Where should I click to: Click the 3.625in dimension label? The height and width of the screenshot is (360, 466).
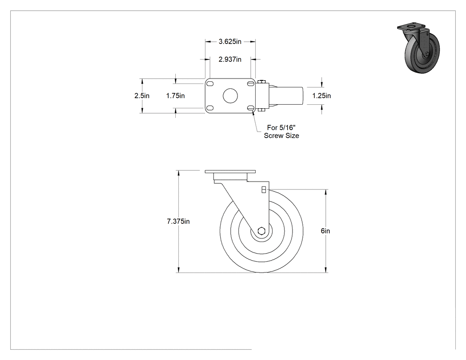(230, 42)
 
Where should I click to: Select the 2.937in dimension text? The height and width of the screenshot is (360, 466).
(230, 59)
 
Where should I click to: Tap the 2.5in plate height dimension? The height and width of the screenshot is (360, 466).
(142, 96)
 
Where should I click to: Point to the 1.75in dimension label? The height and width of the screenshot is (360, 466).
(175, 96)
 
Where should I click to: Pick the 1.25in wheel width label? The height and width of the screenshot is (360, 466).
(322, 96)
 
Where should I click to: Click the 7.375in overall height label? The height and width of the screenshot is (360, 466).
(178, 222)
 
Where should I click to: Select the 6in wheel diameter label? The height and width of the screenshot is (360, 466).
(325, 231)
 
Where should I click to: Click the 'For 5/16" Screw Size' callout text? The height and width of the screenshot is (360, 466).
(281, 132)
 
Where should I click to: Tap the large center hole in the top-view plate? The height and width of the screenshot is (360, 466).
(230, 96)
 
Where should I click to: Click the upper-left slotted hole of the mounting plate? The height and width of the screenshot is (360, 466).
(210, 83)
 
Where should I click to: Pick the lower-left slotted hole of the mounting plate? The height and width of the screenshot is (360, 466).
(210, 108)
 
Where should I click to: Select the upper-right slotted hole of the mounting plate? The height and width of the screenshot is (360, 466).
(251, 83)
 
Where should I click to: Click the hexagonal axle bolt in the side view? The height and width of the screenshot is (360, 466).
(261, 231)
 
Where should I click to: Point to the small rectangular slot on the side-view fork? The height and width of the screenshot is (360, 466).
(264, 190)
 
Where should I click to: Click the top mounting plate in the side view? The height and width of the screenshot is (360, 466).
(230, 172)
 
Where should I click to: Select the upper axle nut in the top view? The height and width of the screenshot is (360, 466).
(261, 82)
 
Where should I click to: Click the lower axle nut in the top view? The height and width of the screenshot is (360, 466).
(261, 110)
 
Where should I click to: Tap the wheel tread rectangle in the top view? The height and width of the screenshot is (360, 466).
(286, 96)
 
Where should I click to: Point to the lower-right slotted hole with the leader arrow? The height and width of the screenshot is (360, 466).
(251, 108)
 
